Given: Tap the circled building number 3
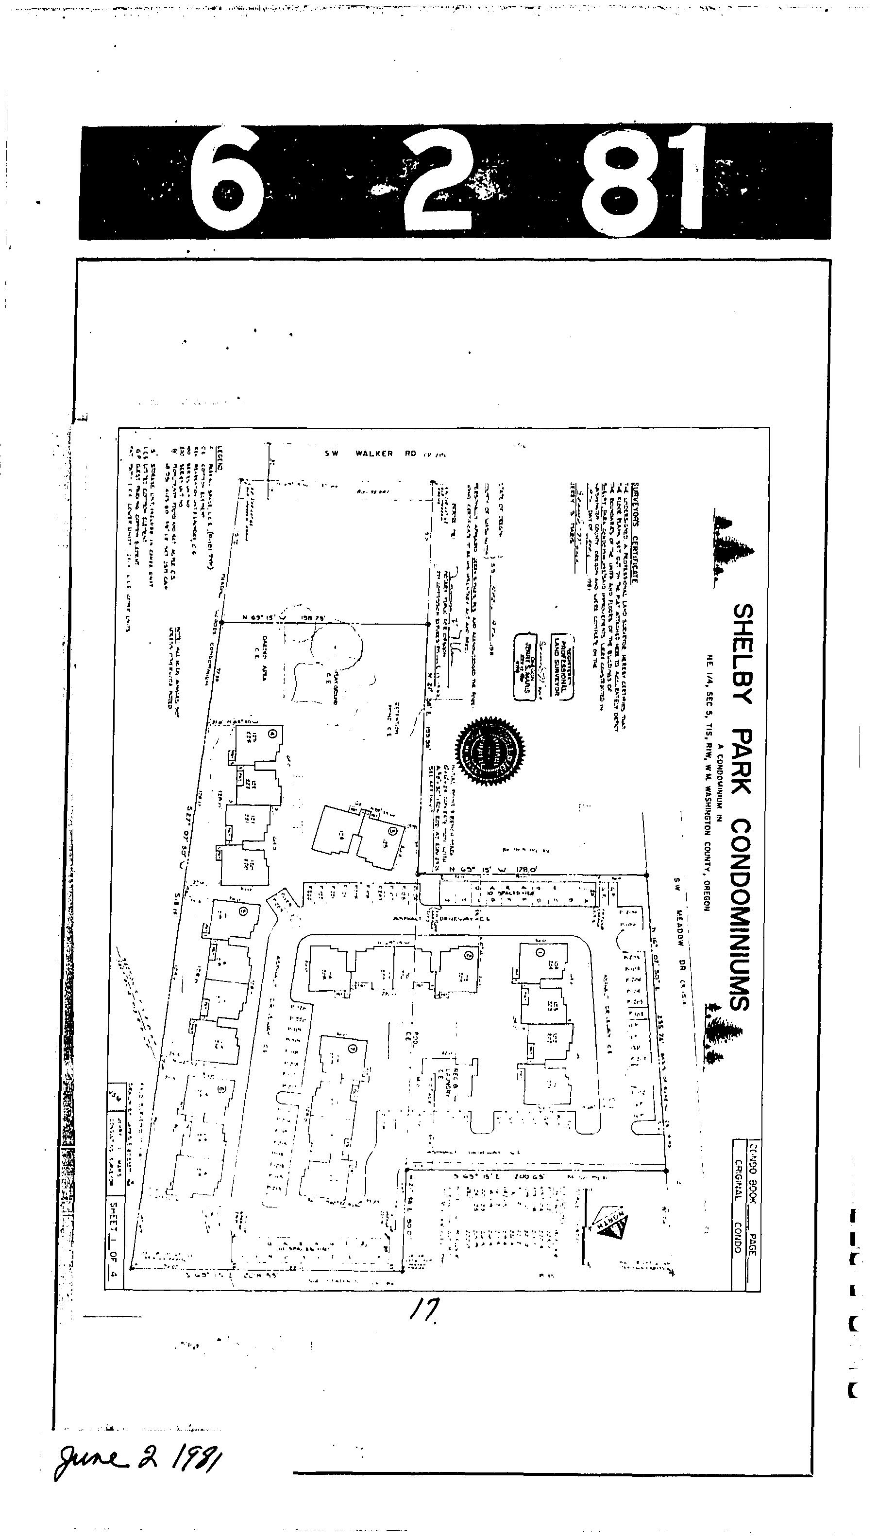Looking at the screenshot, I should tap(393, 831).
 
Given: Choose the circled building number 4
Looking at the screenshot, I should tap(273, 734).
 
